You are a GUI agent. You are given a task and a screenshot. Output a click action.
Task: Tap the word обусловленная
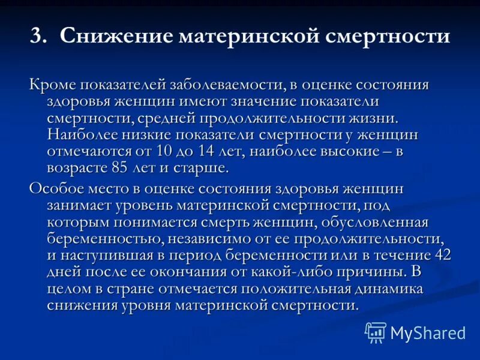pyautogui.click(x=374, y=222)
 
